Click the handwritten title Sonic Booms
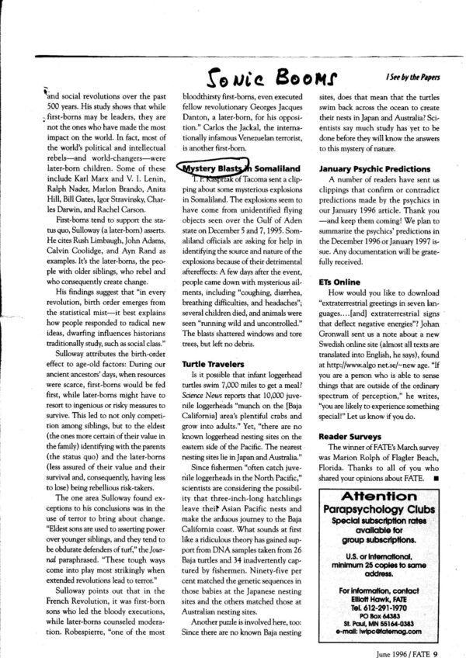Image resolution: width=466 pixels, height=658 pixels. click(x=255, y=75)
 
